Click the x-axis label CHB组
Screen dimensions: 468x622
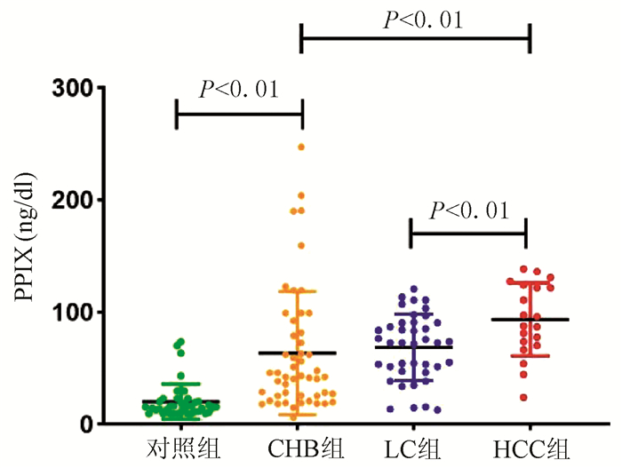tap(302, 444)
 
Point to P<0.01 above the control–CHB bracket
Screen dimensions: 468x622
tap(239, 88)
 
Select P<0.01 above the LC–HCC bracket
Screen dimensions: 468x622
tap(468, 210)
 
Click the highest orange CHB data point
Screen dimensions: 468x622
tap(301, 146)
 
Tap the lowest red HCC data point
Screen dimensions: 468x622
tap(524, 397)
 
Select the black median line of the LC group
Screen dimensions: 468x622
tap(413, 346)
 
